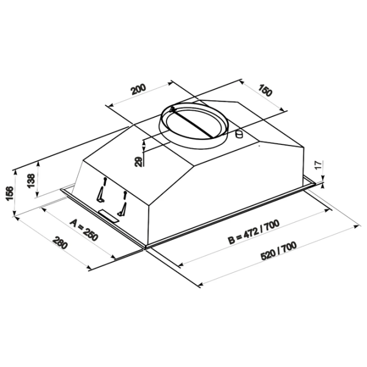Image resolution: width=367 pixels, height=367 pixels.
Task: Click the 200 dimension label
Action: pyautogui.click(x=138, y=89)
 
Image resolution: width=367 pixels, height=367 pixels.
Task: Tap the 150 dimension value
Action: pyautogui.click(x=265, y=90)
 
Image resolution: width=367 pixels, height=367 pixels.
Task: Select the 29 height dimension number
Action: pyautogui.click(x=138, y=161)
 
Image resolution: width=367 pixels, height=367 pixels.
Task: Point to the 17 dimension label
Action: pyautogui.click(x=319, y=165)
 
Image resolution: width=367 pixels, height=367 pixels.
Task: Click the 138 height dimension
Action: pyautogui.click(x=31, y=180)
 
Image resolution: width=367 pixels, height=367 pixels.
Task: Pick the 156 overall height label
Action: pyautogui.click(x=10, y=193)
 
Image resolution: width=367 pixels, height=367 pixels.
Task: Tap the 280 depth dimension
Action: pyautogui.click(x=61, y=243)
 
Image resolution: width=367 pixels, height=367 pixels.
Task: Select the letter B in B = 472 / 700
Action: pyautogui.click(x=231, y=240)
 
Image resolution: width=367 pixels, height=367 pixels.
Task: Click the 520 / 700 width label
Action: pyautogui.click(x=278, y=251)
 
